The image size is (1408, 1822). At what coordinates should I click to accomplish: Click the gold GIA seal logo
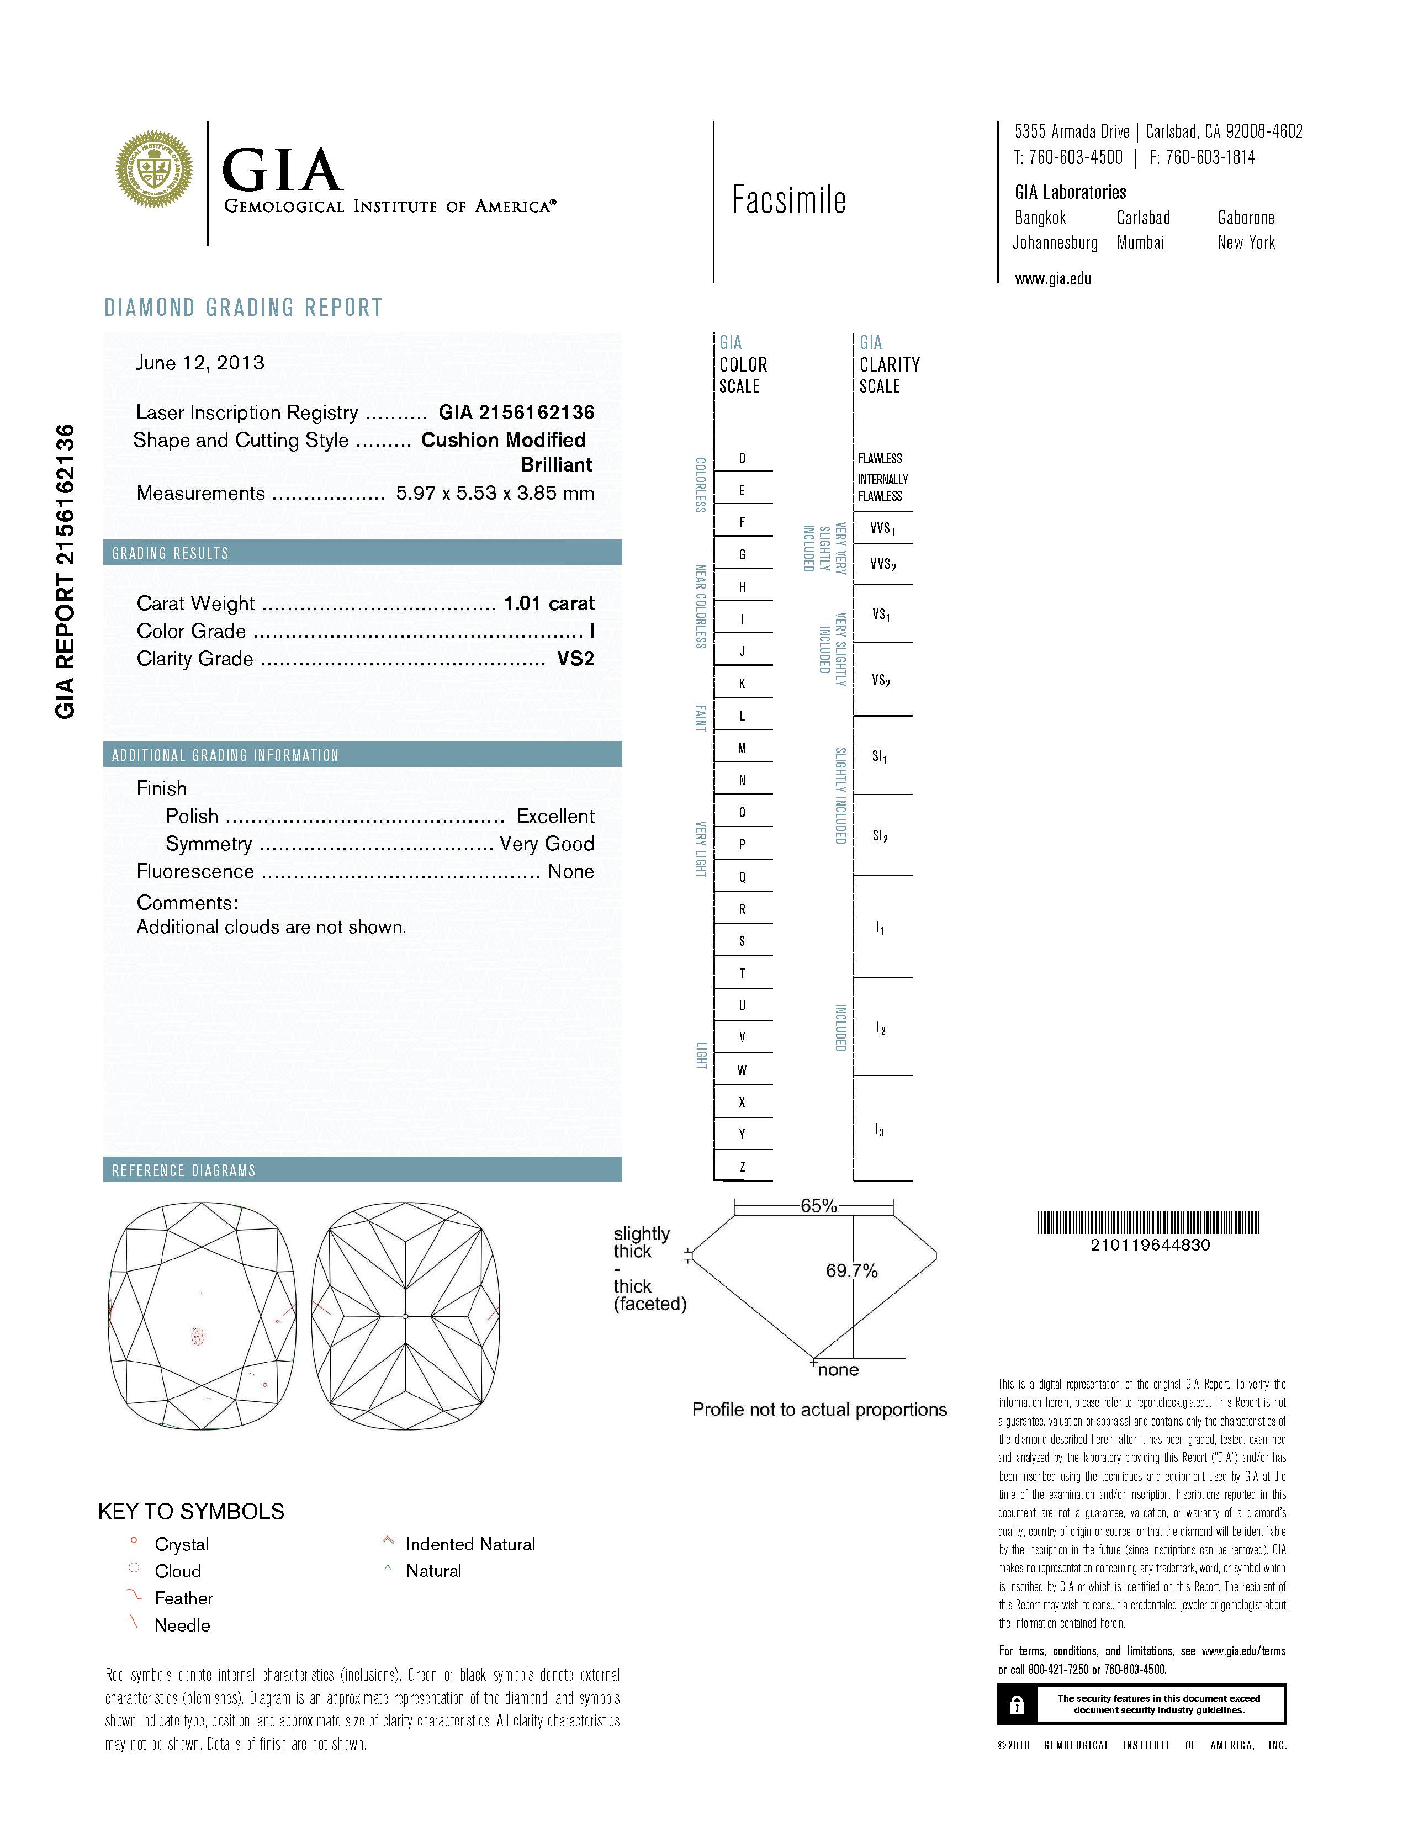(x=153, y=170)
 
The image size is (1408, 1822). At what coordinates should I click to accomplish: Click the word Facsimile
(x=788, y=200)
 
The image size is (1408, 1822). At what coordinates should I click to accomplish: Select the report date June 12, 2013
(x=200, y=363)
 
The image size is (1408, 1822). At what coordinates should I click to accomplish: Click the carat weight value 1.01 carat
(x=549, y=603)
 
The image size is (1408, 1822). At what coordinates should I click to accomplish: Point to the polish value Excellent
(x=555, y=816)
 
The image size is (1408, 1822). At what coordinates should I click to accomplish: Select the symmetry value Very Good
(x=547, y=844)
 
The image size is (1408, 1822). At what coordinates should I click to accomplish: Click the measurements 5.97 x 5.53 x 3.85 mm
(x=495, y=493)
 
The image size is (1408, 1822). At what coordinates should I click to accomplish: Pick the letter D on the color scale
(x=742, y=458)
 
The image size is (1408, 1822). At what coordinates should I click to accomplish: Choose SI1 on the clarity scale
(x=879, y=756)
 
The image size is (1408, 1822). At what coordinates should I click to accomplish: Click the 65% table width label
(x=818, y=1205)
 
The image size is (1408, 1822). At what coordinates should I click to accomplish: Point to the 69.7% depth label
(x=851, y=1270)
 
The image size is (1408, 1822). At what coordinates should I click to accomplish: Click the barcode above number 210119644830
(x=1148, y=1223)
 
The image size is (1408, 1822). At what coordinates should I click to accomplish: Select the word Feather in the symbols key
(x=183, y=1598)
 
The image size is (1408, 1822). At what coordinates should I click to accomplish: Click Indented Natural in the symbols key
(x=470, y=1544)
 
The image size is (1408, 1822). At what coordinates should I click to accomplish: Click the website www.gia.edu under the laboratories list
(x=1052, y=279)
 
